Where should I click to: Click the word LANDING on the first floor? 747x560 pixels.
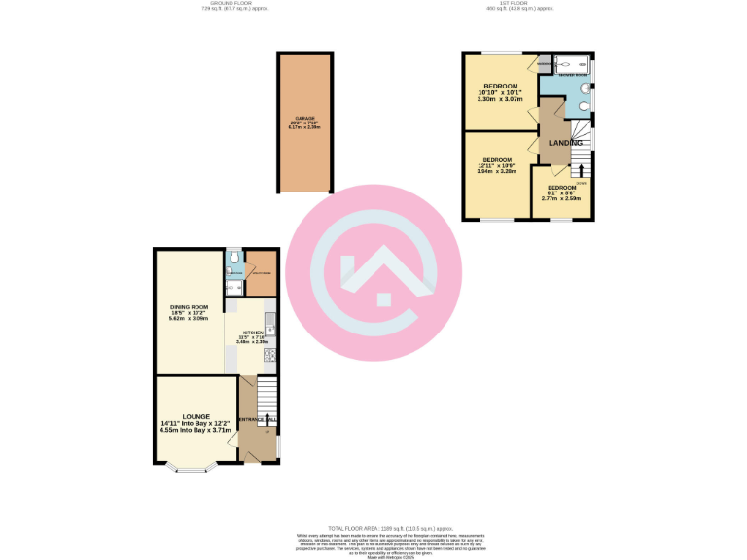(566, 143)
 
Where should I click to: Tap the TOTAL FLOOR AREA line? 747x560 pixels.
(373, 526)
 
